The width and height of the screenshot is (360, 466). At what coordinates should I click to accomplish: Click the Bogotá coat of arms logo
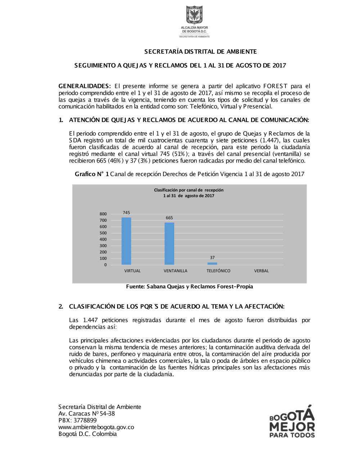pos(194,15)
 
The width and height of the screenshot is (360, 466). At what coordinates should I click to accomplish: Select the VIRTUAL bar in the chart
pos(126,241)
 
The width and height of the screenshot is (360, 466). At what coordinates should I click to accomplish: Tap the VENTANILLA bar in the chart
pos(169,243)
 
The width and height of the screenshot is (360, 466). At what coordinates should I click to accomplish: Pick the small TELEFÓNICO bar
pos(212,264)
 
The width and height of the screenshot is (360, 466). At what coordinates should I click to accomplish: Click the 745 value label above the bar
pos(126,213)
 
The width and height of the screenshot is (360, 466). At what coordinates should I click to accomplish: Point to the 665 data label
pos(169,218)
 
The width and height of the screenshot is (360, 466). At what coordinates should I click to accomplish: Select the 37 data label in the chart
pos(212,257)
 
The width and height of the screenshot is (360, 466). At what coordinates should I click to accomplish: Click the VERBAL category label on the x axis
pos(261,271)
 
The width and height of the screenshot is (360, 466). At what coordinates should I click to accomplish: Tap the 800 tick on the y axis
pos(103,214)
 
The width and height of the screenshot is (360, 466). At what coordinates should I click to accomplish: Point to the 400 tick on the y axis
pos(103,239)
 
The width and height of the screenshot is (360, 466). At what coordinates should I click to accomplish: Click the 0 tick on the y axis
pos(105,265)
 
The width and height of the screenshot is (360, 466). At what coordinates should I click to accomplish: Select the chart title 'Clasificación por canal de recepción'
pos(189,190)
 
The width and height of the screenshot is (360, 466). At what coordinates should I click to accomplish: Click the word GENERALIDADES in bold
pos(85,86)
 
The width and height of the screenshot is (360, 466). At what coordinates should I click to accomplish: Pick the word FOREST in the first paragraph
pos(275,86)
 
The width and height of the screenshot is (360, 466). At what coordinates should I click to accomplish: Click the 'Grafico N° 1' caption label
pos(92,174)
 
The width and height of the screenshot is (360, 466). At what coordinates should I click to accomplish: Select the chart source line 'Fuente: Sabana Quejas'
pos(189,287)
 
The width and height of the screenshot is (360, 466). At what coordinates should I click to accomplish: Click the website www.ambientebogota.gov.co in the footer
pos(96,427)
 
